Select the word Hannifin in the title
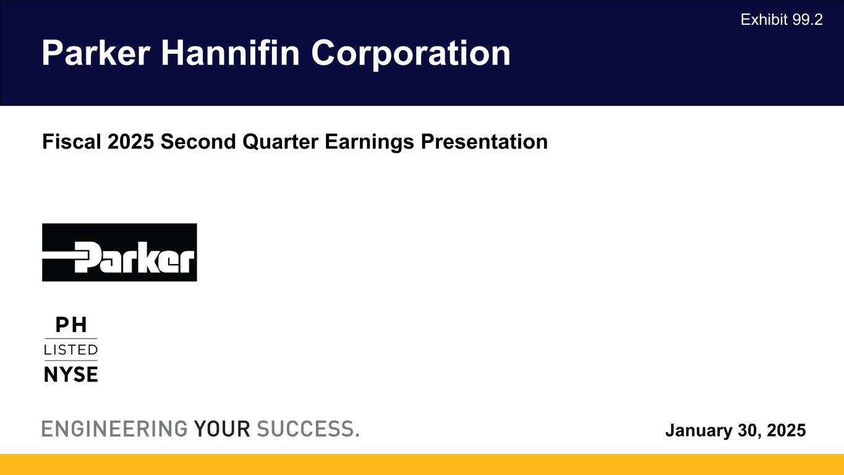click(x=231, y=53)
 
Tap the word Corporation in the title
click(x=411, y=53)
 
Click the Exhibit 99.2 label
click(x=782, y=20)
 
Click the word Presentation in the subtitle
click(x=484, y=142)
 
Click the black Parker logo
click(x=119, y=252)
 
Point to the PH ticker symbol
click(x=71, y=325)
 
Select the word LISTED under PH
click(x=71, y=350)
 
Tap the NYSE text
click(x=71, y=374)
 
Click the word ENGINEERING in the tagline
click(x=114, y=429)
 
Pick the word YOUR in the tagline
click(x=222, y=429)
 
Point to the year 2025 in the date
click(x=786, y=430)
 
